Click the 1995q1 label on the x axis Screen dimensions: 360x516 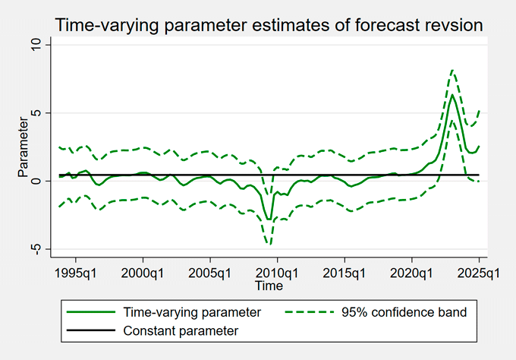point(77,272)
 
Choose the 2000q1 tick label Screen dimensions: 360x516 point(144,272)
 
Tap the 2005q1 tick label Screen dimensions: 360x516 point(210,272)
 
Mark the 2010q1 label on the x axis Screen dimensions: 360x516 point(278,272)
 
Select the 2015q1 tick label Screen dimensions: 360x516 point(345,272)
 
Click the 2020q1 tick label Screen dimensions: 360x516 point(411,272)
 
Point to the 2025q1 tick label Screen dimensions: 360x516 point(478,272)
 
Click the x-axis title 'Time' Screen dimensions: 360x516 point(269,286)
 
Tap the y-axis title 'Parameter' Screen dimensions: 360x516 point(23,147)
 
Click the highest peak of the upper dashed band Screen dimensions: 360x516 point(452,70)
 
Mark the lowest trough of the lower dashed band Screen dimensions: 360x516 point(269,244)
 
